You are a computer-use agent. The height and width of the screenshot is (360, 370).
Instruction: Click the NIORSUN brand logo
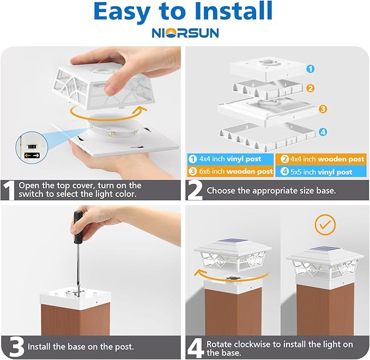185,33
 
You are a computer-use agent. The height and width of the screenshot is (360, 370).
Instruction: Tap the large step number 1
9,190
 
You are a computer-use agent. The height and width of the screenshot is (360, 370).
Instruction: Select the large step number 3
10,346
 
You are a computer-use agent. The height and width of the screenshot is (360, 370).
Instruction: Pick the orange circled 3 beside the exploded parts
323,109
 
